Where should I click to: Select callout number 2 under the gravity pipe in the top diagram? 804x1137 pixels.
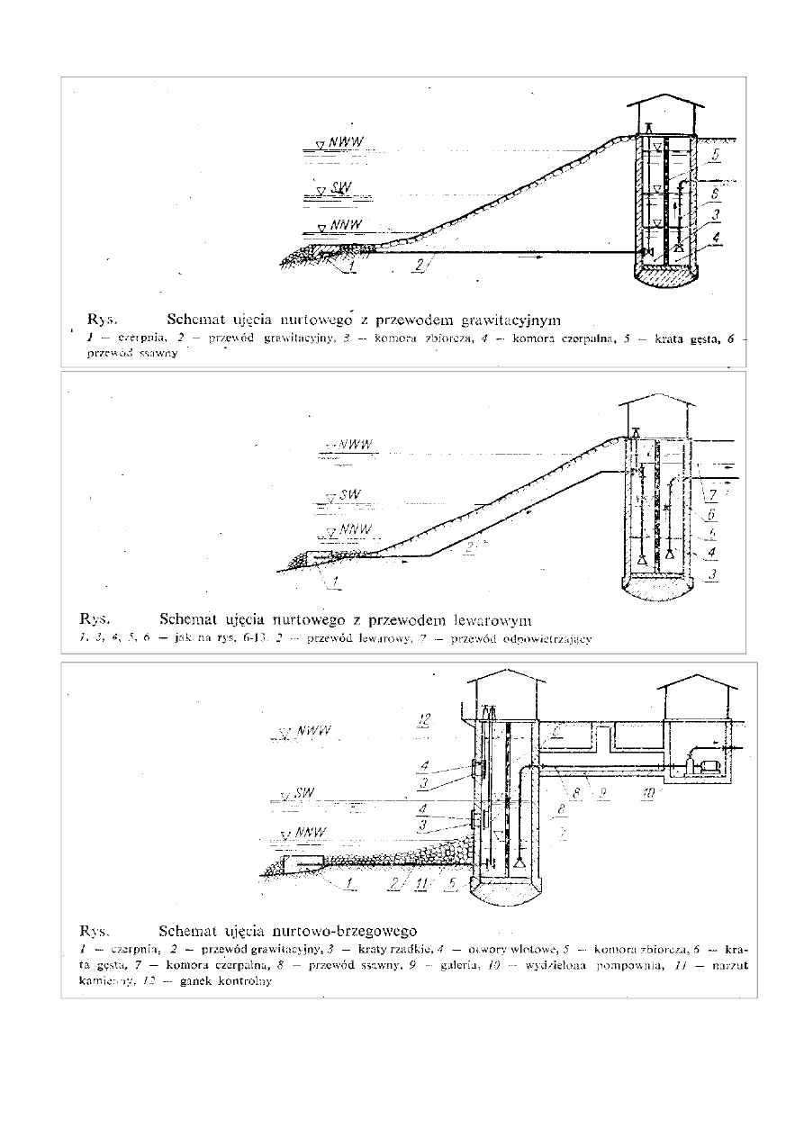click(420, 265)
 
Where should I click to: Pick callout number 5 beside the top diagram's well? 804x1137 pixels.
click(714, 154)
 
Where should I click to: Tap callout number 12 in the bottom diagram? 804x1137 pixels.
click(425, 718)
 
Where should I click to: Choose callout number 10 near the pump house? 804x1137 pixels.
click(646, 795)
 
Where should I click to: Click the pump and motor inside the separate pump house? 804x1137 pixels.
click(702, 764)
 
